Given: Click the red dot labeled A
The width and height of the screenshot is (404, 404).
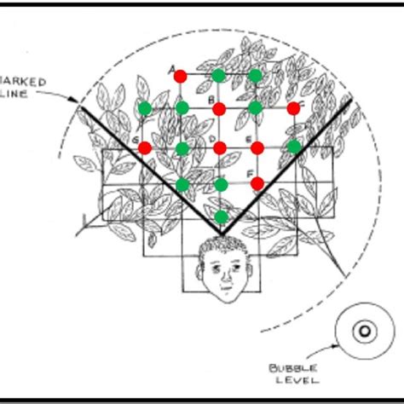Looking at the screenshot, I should tap(180, 76).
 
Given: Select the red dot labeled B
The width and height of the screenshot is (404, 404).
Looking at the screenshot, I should tap(219, 108).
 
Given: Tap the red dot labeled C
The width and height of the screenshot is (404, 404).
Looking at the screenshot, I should tap(294, 108).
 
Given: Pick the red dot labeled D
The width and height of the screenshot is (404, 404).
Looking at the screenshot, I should tap(219, 148).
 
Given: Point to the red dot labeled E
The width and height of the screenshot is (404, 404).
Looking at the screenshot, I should tap(257, 148).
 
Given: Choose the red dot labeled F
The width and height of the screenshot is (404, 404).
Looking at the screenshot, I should tap(257, 182).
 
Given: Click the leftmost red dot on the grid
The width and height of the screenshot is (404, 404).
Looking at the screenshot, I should tap(145, 148).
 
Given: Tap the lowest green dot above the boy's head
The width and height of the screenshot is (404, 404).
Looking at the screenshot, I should tap(221, 216).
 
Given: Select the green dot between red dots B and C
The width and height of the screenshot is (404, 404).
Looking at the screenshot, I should tap(256, 107).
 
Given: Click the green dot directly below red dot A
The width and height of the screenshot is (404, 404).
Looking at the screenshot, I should tap(182, 107).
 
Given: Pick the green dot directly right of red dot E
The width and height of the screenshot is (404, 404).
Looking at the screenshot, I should tap(294, 147).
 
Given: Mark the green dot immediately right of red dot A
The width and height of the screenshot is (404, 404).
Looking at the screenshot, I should tap(218, 75).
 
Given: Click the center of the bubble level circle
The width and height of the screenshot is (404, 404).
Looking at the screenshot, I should tap(363, 332).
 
